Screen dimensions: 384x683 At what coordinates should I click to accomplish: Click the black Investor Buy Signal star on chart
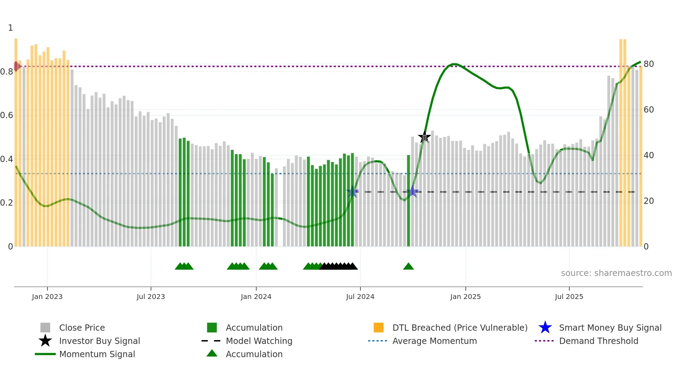click(424, 137)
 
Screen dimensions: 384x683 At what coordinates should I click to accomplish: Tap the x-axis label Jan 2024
click(256, 297)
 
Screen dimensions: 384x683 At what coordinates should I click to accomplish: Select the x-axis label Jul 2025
click(569, 297)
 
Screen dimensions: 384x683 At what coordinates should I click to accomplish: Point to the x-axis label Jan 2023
click(47, 297)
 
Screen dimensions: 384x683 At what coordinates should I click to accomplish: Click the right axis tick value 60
click(649, 110)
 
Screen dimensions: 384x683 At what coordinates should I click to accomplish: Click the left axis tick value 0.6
click(7, 115)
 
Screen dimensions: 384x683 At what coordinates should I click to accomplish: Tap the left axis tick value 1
click(10, 28)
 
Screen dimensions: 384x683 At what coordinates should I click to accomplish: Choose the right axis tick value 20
click(649, 201)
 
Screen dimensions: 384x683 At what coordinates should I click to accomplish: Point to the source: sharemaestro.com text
click(616, 273)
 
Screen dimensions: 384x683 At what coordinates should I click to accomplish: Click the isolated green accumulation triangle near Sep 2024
click(408, 267)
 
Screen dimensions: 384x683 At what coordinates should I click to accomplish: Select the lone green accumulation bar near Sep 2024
click(408, 200)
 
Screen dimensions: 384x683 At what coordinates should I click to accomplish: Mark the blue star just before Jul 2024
click(352, 192)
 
